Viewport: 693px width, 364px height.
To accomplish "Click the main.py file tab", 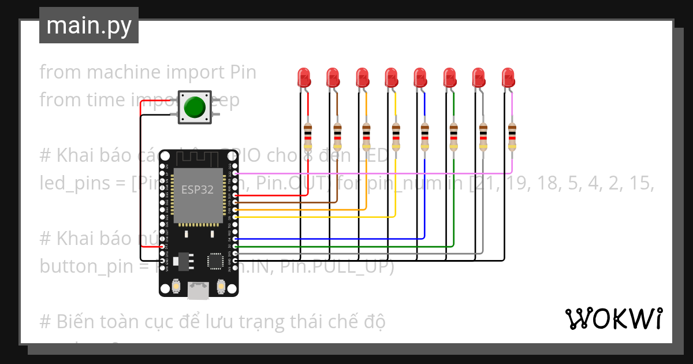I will pyautogui.click(x=88, y=25).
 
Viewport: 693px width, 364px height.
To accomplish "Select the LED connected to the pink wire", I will pyautogui.click(x=508, y=77).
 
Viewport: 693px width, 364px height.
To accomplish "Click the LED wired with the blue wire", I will pyautogui.click(x=420, y=77).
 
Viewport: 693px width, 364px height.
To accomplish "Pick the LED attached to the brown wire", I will pyautogui.click(x=332, y=77).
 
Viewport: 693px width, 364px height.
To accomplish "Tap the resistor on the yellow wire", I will pyautogui.click(x=396, y=135).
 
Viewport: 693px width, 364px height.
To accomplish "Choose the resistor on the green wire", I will pyautogui.click(x=454, y=135).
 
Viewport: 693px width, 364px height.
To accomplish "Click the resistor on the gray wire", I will pyautogui.click(x=483, y=135).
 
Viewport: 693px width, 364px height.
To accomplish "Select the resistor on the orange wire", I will pyautogui.click(x=366, y=135).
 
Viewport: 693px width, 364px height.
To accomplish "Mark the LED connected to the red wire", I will pyautogui.click(x=303, y=77).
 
